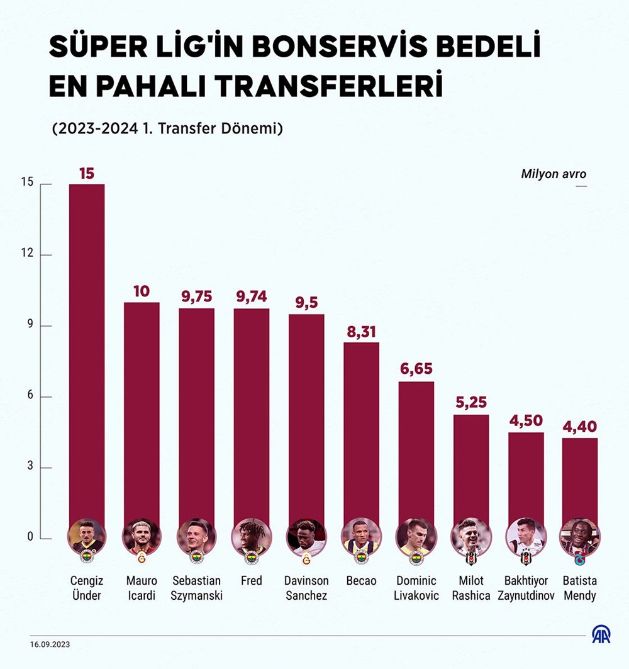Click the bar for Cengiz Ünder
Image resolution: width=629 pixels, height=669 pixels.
click(87, 352)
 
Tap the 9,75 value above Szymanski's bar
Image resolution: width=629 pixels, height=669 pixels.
click(196, 296)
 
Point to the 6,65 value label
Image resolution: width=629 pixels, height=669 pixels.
click(416, 369)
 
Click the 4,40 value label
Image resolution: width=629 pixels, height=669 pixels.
click(579, 425)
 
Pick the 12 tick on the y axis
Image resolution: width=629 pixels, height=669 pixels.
click(27, 255)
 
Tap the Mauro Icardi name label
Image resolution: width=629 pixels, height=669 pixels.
click(142, 587)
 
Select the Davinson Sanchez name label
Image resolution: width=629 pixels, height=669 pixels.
click(306, 587)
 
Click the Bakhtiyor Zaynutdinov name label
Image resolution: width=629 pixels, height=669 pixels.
click(526, 587)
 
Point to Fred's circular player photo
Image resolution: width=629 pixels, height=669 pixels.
click(251, 536)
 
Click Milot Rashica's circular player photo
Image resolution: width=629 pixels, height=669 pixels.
click(470, 536)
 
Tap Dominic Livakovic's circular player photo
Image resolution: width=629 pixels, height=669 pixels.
click(416, 536)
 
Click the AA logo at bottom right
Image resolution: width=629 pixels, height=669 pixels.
click(601, 635)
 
